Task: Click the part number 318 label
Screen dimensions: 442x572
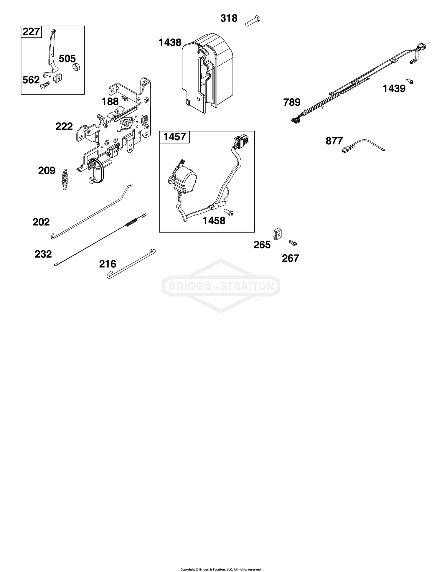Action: (229, 18)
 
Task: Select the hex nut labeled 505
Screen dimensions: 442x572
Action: (75, 67)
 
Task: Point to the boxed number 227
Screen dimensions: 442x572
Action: (31, 31)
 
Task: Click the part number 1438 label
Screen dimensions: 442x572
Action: (170, 43)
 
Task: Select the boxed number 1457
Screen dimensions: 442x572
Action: (174, 137)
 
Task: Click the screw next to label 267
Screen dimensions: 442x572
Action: (293, 243)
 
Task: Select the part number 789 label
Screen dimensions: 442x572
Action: (292, 103)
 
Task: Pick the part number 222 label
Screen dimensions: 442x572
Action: (64, 126)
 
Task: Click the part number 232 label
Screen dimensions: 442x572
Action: (43, 254)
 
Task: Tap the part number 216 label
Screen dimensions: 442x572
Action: (108, 264)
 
